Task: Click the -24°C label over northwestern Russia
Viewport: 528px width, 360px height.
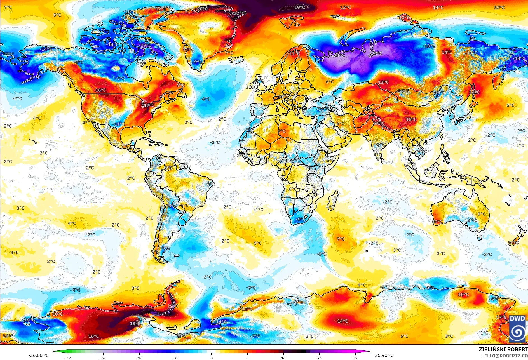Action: coord(339,55)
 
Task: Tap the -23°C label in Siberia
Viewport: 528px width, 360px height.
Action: coord(377,53)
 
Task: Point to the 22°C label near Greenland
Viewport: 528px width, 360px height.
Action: coord(240,13)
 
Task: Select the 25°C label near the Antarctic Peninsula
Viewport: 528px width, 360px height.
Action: coord(173,306)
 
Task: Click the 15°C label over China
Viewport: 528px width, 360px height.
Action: coord(411,119)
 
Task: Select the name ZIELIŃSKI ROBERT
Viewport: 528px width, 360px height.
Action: coord(503,349)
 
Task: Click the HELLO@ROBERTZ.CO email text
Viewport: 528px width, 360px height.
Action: coord(504,356)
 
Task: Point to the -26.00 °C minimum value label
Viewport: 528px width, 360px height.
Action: coord(38,355)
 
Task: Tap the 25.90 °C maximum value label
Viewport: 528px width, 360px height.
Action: coord(384,355)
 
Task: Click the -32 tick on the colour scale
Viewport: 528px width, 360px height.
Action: coord(67,358)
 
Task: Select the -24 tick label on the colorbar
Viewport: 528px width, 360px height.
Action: coord(103,358)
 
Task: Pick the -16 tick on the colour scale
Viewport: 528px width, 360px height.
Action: coord(139,358)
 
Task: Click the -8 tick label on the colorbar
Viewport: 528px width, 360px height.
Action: coord(175,358)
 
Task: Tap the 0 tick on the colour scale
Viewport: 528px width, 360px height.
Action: coord(212,358)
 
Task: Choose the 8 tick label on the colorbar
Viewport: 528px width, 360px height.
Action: coord(247,358)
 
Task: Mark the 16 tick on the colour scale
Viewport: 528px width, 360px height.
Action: coord(283,358)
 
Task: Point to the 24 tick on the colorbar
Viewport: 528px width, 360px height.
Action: coord(319,358)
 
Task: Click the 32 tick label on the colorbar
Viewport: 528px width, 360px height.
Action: coord(355,358)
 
